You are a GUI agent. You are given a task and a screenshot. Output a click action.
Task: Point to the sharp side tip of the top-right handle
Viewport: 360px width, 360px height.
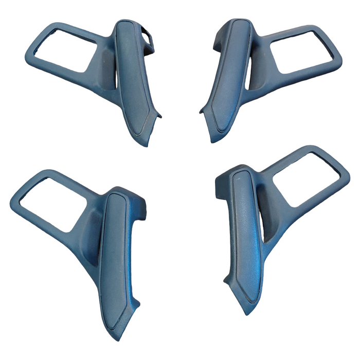[x=201, y=111]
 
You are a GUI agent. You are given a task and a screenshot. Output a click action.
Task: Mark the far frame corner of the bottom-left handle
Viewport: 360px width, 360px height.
[x=13, y=205]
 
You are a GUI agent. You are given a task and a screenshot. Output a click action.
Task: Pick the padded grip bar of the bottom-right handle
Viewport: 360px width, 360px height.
[x=244, y=231]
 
